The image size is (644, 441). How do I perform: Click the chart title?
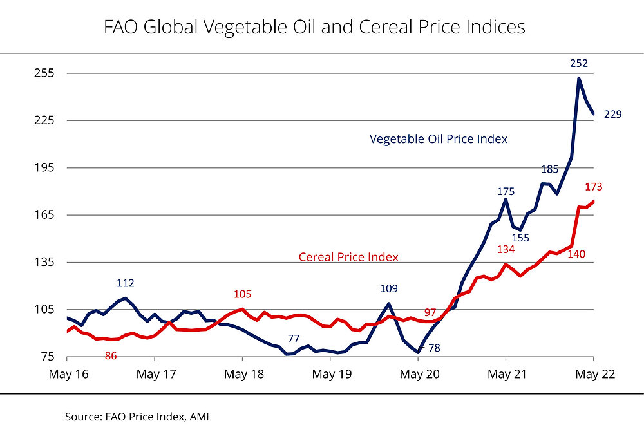[314, 27]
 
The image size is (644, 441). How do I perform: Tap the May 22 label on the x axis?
[592, 373]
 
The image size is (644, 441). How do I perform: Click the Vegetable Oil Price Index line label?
[438, 139]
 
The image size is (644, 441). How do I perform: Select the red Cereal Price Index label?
[348, 257]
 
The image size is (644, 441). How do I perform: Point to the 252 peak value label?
[579, 63]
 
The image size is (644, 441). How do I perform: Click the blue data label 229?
[612, 114]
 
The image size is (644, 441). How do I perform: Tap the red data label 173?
[593, 187]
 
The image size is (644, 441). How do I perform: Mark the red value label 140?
[576, 255]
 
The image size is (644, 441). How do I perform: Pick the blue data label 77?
[294, 339]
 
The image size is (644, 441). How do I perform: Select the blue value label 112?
[126, 283]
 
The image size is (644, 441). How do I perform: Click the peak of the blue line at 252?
[579, 79]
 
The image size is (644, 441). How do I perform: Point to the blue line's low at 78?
[418, 352]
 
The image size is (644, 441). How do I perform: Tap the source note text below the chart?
[137, 417]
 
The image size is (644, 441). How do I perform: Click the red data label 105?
[242, 294]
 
